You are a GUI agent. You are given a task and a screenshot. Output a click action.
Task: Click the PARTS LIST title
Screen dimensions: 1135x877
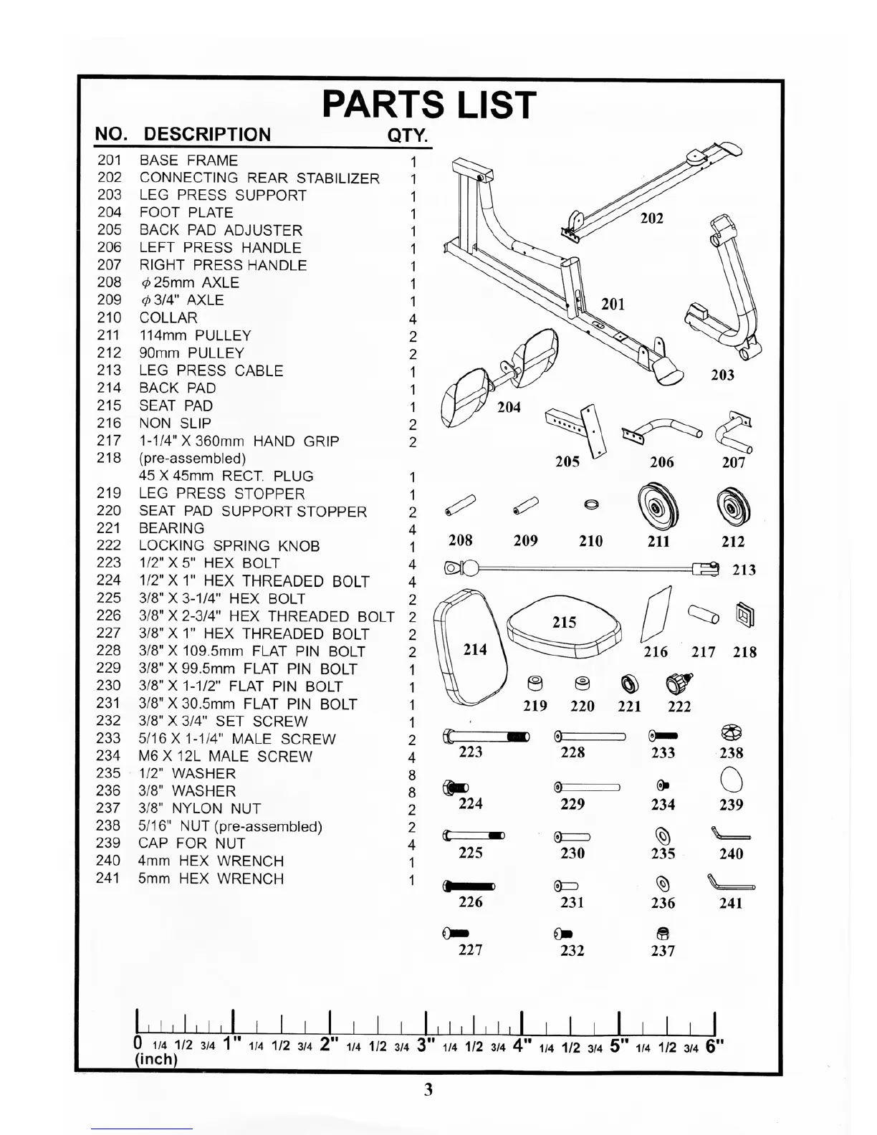[428, 105]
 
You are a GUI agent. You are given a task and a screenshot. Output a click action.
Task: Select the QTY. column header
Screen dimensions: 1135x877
[407, 135]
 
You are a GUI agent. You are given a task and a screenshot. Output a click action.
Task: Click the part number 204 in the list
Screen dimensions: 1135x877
[110, 212]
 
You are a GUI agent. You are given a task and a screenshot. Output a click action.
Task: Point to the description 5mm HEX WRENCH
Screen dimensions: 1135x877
[211, 878]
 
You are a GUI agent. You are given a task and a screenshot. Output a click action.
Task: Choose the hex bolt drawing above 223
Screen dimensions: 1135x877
[487, 736]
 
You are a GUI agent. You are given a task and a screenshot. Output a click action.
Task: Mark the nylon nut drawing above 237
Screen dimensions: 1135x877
[663, 933]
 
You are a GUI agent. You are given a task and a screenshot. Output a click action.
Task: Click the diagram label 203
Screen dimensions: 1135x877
[722, 375]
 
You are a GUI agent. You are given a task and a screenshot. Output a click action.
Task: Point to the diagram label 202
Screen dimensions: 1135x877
[651, 218]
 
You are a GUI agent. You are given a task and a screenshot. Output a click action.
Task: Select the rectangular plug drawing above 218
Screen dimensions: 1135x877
[745, 615]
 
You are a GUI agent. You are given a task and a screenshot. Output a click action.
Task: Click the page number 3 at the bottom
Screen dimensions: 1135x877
[428, 1090]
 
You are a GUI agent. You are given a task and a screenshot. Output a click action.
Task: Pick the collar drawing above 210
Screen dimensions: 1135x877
[591, 505]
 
